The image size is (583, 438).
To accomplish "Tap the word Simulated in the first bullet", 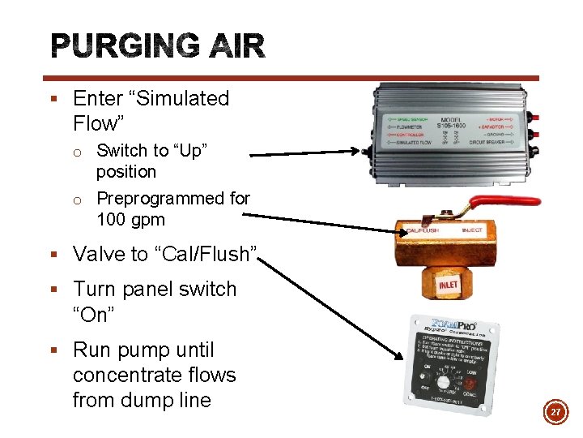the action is pos(185,99).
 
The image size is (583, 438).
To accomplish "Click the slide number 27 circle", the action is pos(555,414).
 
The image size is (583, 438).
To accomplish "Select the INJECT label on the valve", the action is pos(472,230).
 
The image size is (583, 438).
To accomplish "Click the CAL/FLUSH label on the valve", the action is pos(421,230).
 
